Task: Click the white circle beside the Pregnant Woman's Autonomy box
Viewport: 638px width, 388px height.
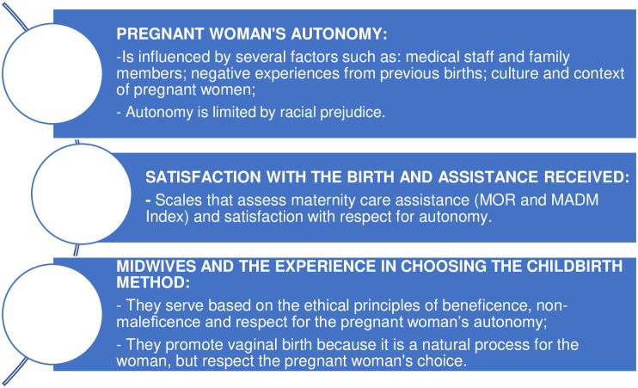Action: [52, 73]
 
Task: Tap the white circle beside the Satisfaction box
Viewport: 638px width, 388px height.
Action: [82, 194]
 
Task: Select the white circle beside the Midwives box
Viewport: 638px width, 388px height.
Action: [52, 314]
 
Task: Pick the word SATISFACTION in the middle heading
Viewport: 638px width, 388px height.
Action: [203, 177]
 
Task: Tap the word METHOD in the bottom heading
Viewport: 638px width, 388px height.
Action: [153, 282]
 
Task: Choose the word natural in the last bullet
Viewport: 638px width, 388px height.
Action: [446, 344]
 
